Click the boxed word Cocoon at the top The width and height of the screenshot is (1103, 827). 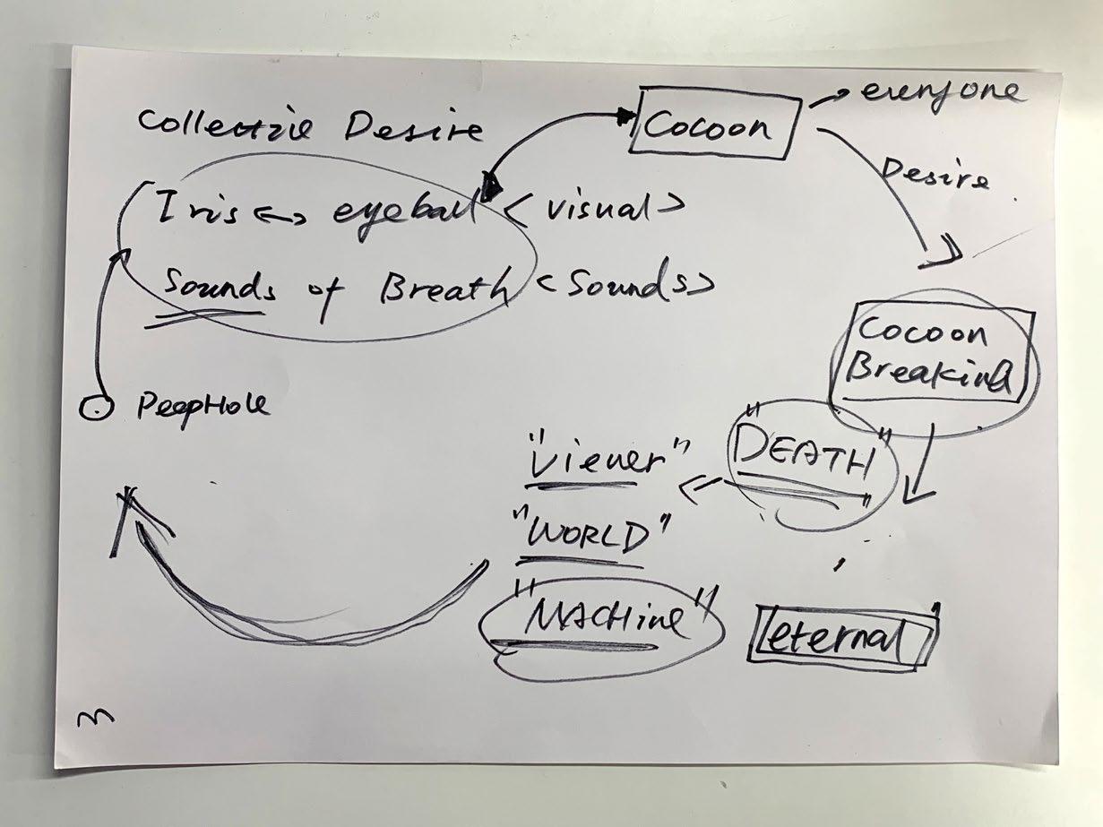pos(708,126)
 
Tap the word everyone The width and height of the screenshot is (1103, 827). pos(940,94)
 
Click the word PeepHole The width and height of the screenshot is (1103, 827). pos(202,408)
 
